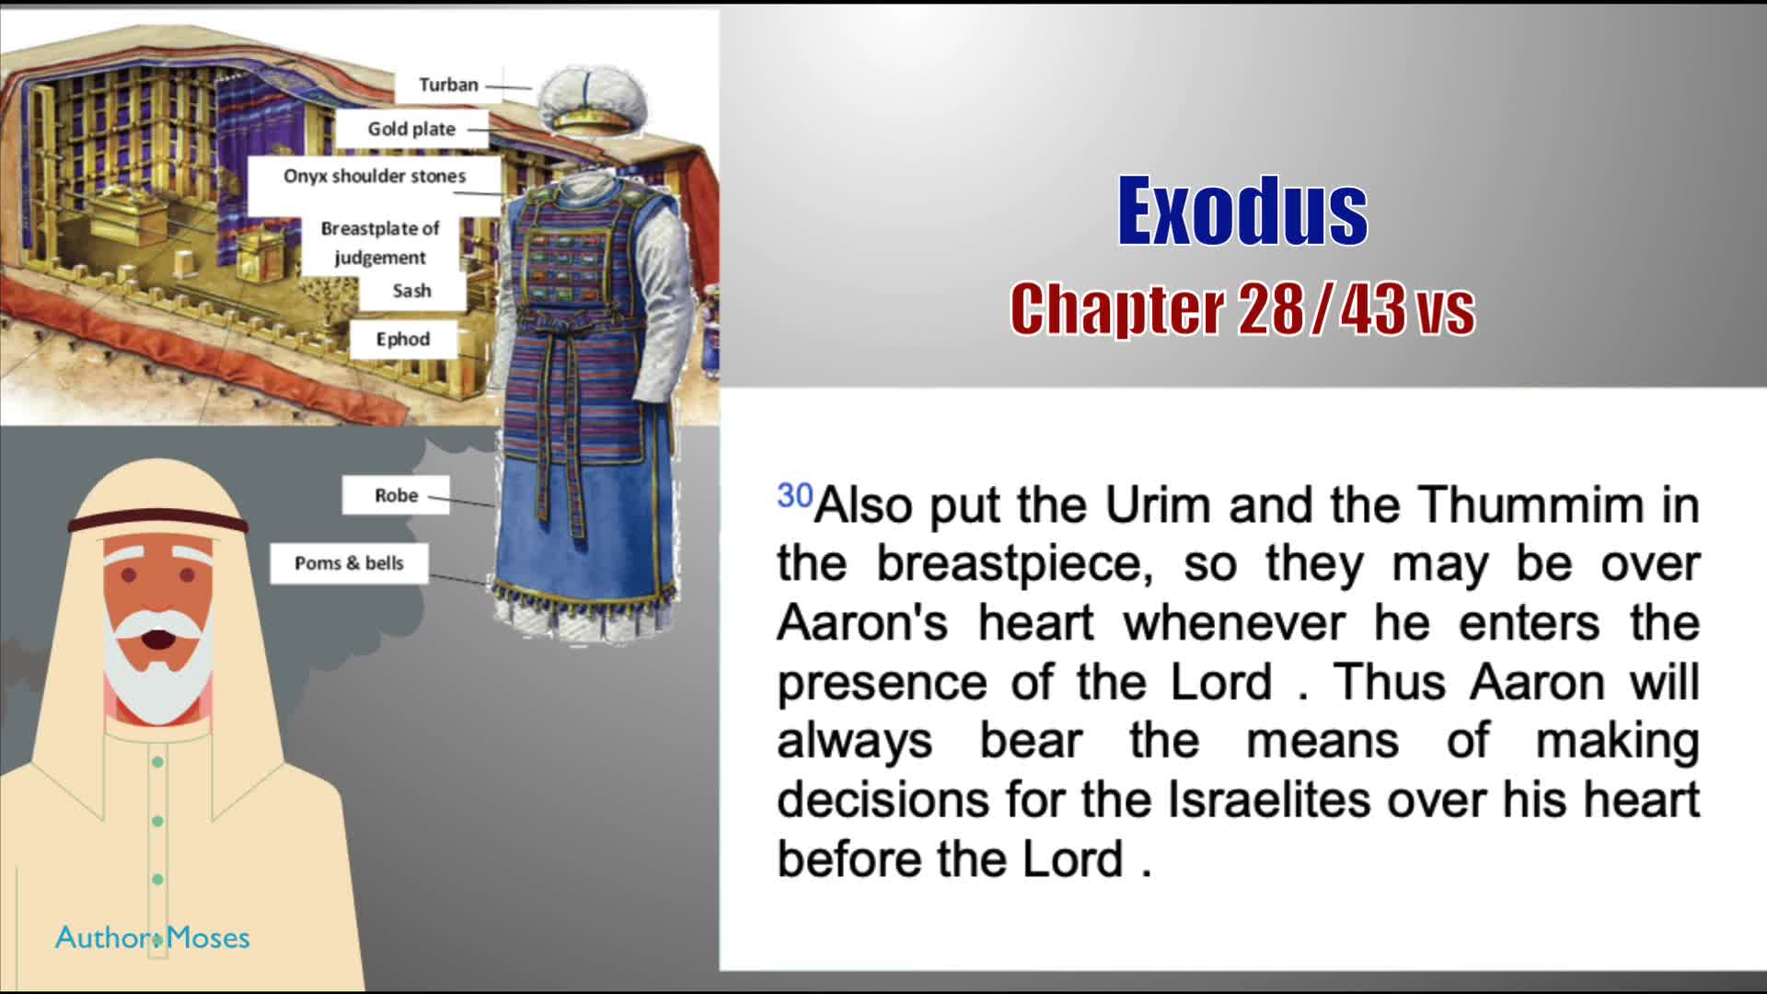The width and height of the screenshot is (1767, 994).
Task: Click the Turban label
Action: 448,85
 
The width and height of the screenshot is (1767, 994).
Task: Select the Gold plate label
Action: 411,129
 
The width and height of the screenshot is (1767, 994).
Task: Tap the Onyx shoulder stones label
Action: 375,176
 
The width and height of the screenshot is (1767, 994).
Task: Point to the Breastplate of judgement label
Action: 380,243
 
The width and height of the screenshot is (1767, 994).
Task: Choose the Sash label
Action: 411,291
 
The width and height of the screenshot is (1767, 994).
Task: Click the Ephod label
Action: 402,339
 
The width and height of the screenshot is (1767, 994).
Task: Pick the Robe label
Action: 396,495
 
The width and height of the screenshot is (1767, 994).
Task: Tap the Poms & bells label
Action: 349,563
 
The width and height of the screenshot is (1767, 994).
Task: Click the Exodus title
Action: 1242,211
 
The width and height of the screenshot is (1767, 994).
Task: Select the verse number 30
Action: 795,495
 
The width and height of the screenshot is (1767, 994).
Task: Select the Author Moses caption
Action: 153,938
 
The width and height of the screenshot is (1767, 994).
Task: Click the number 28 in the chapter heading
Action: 1270,309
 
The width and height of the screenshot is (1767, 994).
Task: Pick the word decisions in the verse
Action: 883,799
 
